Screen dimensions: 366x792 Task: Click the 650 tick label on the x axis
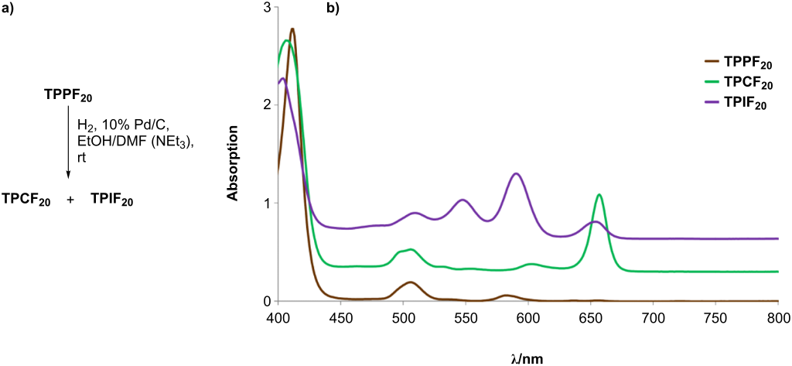[x=653, y=317]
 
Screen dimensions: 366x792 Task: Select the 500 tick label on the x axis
[x=402, y=317]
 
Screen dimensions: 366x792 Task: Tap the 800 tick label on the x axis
[x=778, y=317]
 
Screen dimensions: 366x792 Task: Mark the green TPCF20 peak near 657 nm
[x=599, y=195]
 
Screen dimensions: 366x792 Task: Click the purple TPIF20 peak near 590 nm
[x=516, y=173]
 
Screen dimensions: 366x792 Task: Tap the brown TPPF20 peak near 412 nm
[x=292, y=29]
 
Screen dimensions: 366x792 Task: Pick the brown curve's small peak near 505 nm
[x=409, y=282]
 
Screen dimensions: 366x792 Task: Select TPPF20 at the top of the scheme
[x=69, y=97]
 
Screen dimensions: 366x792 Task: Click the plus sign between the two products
[x=70, y=200]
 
